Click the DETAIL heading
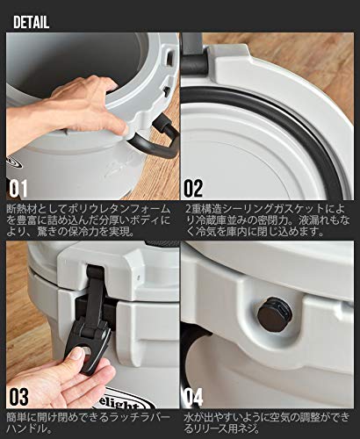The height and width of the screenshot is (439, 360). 31,23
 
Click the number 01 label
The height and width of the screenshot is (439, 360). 18,188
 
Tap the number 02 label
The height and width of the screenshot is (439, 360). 193,188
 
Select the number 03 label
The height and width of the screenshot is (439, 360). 18,397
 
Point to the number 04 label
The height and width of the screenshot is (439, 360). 193,397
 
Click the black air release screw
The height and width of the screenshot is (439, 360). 275,314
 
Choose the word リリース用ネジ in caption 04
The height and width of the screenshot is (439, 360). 227,429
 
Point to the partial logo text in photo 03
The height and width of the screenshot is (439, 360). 126,400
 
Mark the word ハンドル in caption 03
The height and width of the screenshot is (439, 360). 25,429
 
